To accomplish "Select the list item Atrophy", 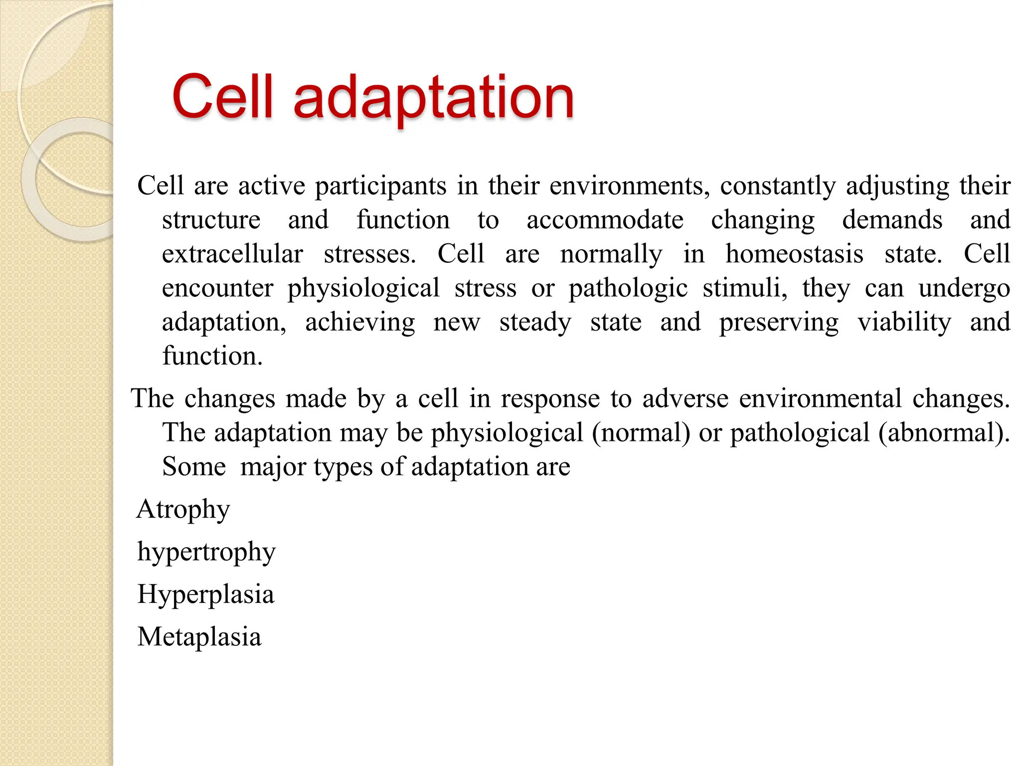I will [183, 510].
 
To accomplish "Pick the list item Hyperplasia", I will [205, 595].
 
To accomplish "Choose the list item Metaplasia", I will [199, 637].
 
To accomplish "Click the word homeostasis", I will [794, 254].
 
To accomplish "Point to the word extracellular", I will [232, 254].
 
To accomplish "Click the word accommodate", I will [605, 220].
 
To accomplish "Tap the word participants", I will [380, 186].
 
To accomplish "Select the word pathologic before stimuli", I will [628, 288].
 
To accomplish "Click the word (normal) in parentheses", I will [641, 432].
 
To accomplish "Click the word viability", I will [904, 322].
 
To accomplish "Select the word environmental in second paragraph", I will [820, 398].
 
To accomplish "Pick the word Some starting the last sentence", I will [194, 467].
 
